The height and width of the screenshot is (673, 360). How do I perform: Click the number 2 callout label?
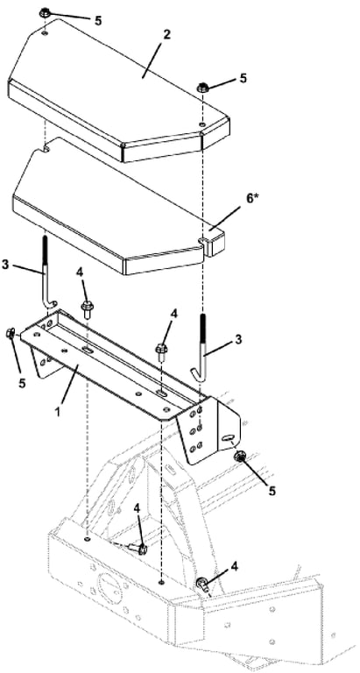click(166, 35)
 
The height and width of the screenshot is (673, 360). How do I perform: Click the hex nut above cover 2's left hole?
click(45, 13)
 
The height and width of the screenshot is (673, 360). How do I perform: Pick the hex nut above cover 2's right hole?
click(202, 89)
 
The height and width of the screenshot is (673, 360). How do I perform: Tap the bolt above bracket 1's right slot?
click(161, 351)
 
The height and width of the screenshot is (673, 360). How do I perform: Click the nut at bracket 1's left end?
click(11, 334)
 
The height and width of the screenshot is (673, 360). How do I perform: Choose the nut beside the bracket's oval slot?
click(239, 458)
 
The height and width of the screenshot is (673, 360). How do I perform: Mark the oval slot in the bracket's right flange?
click(228, 438)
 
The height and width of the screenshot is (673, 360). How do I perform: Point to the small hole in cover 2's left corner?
click(46, 32)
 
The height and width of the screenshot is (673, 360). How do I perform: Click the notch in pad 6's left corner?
click(46, 149)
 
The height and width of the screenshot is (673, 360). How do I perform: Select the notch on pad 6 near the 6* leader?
click(201, 238)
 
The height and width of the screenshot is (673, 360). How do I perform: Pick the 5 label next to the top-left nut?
click(98, 21)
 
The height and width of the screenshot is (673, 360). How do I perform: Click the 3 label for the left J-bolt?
click(5, 265)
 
